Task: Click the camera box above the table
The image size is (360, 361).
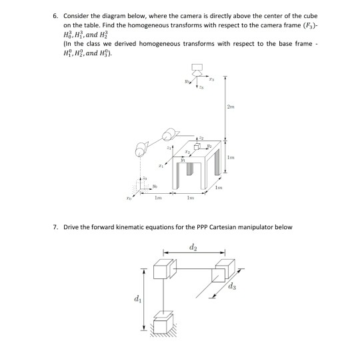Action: pos(197,69)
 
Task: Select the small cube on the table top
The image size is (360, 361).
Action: pos(197,147)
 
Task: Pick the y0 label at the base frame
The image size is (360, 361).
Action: pos(155,186)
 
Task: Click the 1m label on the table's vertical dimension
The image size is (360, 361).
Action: pos(231,158)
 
